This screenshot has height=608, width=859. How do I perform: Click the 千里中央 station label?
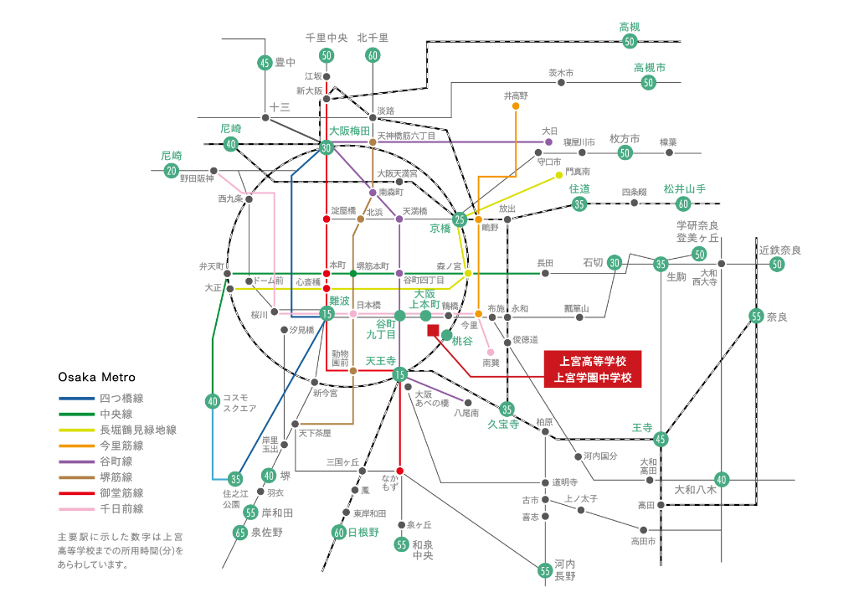[327, 38]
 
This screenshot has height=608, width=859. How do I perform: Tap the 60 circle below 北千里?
[373, 55]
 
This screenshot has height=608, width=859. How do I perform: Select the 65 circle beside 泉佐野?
[241, 532]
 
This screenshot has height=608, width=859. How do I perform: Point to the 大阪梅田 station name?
[349, 131]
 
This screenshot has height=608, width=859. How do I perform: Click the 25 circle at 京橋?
[459, 219]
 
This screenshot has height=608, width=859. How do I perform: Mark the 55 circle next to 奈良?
[756, 317]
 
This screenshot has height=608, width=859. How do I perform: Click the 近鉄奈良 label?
[779, 250]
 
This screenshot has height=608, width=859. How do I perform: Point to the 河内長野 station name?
[565, 569]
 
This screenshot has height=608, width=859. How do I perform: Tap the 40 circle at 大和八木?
[722, 479]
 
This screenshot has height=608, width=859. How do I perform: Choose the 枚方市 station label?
[625, 138]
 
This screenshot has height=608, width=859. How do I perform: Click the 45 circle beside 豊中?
[265, 62]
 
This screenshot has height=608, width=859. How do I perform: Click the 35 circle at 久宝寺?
[507, 409]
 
